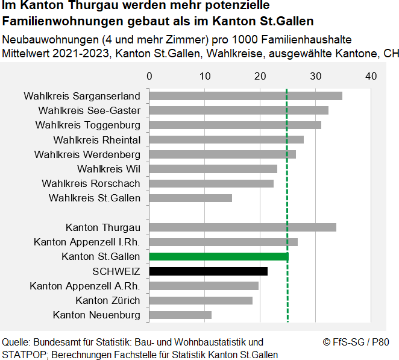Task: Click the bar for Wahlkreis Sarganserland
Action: [x=245, y=96]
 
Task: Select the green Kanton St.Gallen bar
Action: [x=218, y=257]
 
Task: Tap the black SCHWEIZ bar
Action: [x=208, y=271]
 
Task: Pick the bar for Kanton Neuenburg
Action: [x=180, y=315]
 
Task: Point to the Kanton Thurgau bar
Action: [x=242, y=227]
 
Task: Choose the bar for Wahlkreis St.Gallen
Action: [x=190, y=198]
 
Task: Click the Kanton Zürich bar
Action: [x=201, y=300]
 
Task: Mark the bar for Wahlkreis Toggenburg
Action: [x=235, y=125]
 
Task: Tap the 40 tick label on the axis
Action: [x=371, y=76]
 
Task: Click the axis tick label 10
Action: [x=205, y=76]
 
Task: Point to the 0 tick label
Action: [x=149, y=76]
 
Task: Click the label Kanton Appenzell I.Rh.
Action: [x=87, y=242]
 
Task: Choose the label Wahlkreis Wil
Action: [x=108, y=169]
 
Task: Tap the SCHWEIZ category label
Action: [x=116, y=271]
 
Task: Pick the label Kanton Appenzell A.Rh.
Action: [x=85, y=286]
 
